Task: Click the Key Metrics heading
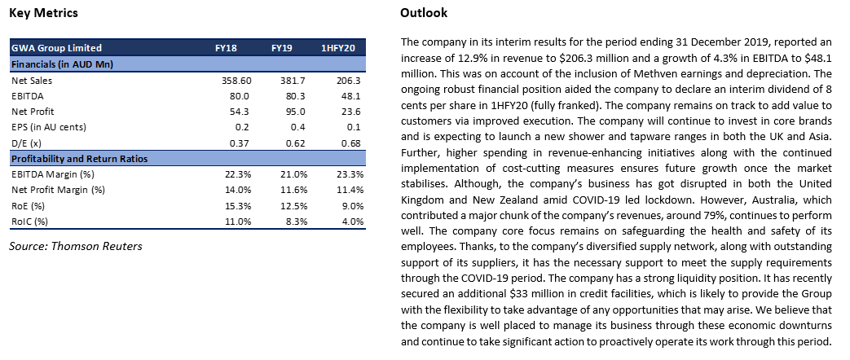coord(43,13)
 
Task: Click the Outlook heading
coord(424,13)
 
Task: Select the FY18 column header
coord(226,48)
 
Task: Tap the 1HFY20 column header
coord(338,48)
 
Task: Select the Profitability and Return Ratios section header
coord(79,159)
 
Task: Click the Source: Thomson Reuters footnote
coord(75,246)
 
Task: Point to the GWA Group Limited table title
coord(56,48)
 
